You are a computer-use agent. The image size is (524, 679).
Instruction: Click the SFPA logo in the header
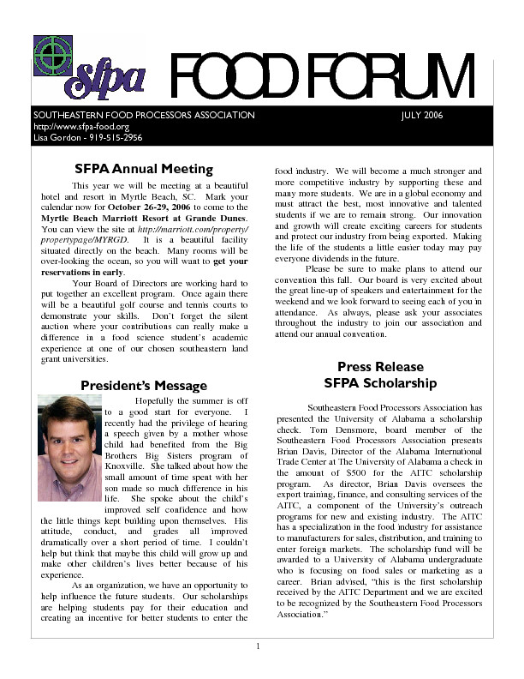coord(88,69)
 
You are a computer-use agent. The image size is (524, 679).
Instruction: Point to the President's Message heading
coord(144,386)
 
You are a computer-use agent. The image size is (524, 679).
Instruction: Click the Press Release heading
coord(380,366)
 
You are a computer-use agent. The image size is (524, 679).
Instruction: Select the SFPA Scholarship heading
coord(380,383)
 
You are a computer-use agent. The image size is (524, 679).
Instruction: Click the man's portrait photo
coord(68,448)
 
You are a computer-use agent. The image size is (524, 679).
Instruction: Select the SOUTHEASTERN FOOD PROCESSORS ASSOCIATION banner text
coord(144,115)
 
